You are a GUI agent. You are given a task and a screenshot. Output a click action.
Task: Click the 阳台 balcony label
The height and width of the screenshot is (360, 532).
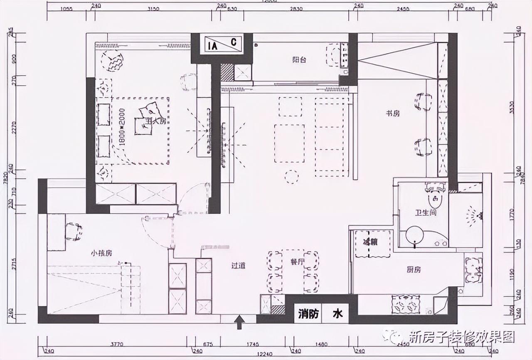(x=299, y=59)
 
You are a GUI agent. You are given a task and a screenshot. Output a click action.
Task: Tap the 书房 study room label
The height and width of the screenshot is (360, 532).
(x=392, y=113)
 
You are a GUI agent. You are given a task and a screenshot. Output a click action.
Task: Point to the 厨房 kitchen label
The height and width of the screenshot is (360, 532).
(x=414, y=269)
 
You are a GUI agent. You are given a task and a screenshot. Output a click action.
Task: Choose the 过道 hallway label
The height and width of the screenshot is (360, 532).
(x=238, y=265)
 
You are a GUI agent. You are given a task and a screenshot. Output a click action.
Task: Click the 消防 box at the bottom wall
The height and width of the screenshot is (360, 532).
(x=308, y=314)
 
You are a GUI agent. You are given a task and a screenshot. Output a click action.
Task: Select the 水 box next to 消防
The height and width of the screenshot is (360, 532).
(x=337, y=314)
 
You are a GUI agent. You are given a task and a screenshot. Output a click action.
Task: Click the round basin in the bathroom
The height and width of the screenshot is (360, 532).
(x=414, y=235)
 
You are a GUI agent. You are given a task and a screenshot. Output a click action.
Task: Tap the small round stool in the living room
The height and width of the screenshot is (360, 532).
(x=291, y=176)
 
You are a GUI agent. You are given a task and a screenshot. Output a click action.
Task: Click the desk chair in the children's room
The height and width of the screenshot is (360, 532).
(x=74, y=232)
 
